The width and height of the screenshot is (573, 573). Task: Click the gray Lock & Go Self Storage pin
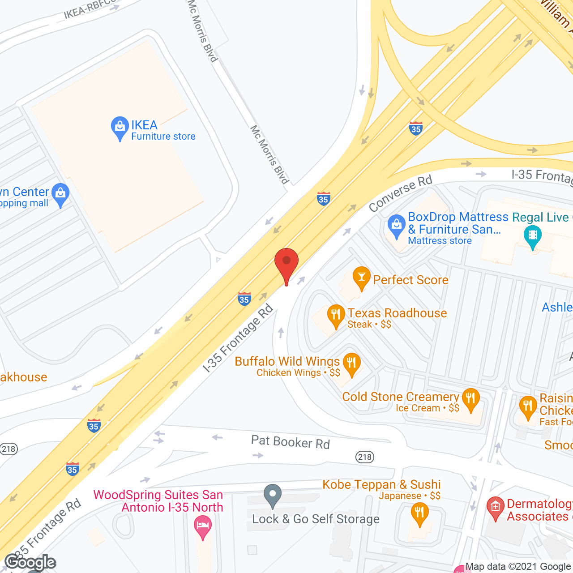[272, 495]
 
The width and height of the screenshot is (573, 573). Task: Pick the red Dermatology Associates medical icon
[495, 508]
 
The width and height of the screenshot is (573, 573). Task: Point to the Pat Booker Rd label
[290, 442]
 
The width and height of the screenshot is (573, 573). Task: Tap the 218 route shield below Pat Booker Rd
[365, 457]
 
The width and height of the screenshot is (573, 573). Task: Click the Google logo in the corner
[30, 562]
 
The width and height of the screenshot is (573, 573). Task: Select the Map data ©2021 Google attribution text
[518, 567]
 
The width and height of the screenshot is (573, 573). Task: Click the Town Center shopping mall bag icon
[60, 194]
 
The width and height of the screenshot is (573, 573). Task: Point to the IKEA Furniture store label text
[162, 130]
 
